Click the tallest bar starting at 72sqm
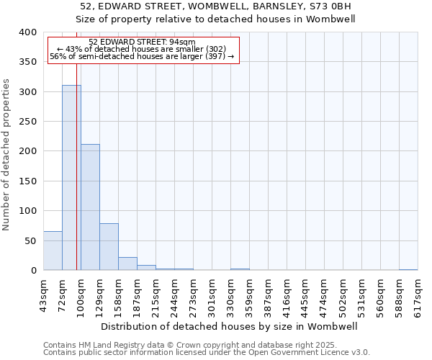(71, 177)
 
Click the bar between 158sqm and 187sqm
(127, 264)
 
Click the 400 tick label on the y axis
(27, 32)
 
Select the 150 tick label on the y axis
(27, 181)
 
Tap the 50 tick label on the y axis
(30, 240)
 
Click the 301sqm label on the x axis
(212, 294)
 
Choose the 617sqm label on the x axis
(418, 294)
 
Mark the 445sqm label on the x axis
(305, 294)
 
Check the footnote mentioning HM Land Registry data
(190, 345)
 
